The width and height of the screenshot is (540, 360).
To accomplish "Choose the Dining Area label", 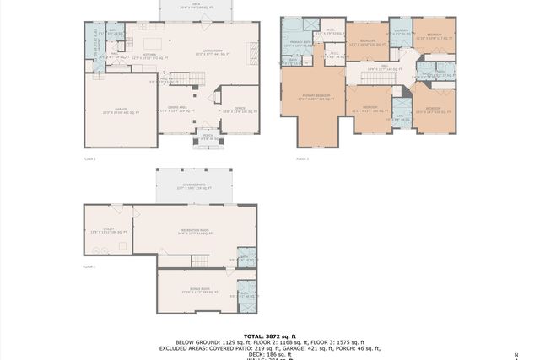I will [178, 108].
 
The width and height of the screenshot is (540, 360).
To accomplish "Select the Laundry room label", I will [402, 33].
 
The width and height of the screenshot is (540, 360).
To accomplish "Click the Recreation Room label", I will [194, 232].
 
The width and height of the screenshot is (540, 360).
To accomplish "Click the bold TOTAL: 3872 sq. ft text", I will [270, 336].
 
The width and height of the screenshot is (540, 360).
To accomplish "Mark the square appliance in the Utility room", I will [123, 245].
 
